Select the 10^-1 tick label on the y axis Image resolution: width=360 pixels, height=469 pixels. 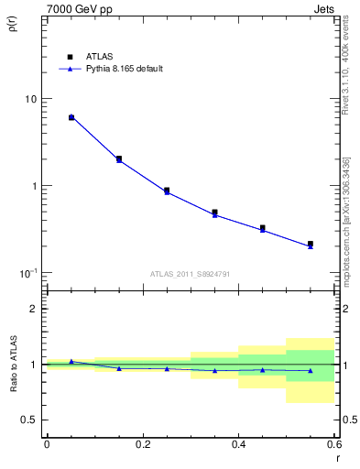(x=28, y=272)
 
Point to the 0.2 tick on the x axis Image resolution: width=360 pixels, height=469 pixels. (x=142, y=444)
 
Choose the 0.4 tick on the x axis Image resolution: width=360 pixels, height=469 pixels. (x=238, y=444)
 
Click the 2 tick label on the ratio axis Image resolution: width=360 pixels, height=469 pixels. (x=34, y=309)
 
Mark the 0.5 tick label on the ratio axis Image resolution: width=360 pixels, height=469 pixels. (x=29, y=420)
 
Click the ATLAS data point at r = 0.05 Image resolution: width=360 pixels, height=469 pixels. (x=71, y=117)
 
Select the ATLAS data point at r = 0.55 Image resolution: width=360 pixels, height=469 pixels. (x=311, y=244)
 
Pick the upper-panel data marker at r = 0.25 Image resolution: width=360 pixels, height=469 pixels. (x=167, y=191)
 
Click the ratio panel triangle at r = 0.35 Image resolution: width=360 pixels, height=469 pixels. (x=214, y=371)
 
